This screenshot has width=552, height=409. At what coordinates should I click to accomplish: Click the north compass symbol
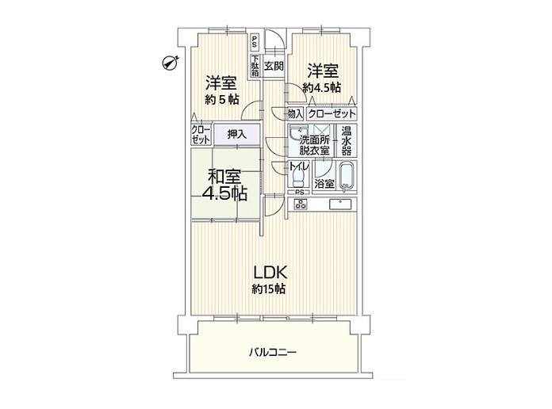point(171,63)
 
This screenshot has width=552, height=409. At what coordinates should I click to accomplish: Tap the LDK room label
point(270,273)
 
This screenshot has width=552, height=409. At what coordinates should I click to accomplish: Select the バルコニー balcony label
point(273,353)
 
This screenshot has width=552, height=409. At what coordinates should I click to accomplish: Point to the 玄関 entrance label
point(274,66)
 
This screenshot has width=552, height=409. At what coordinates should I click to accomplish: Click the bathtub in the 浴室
point(347,177)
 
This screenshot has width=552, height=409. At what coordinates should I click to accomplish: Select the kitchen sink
point(341,204)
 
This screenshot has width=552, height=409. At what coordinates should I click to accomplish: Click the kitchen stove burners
point(301,204)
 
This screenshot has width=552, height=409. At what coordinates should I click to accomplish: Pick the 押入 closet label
point(237,134)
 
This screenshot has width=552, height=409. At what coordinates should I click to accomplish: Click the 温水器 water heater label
point(347,141)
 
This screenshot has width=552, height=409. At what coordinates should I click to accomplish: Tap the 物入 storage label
point(295,113)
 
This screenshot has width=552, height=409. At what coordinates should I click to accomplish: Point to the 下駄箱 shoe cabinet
point(255,66)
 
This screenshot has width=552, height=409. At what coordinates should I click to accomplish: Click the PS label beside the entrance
point(254,42)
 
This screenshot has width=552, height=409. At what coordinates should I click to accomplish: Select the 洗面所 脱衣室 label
point(314,145)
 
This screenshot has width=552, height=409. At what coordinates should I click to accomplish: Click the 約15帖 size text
point(269,289)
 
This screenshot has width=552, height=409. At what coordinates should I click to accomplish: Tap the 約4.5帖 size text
point(322,87)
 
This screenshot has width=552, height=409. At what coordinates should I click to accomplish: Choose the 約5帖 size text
point(222,100)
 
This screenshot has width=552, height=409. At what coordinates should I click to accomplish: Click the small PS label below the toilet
point(299,192)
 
